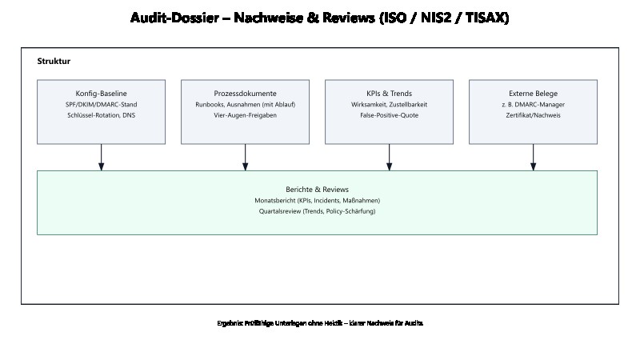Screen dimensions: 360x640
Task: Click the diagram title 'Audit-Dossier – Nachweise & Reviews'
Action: [x=319, y=18]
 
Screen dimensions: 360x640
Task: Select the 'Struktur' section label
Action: [x=54, y=62]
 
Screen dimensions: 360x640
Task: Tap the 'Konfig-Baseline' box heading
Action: [x=101, y=94]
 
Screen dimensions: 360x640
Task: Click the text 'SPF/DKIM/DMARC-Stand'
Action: [x=101, y=105]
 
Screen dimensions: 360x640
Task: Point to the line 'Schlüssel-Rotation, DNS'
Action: [x=101, y=116]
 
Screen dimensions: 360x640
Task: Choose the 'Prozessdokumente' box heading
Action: [x=245, y=94]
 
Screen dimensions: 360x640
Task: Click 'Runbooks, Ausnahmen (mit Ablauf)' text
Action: [x=245, y=105]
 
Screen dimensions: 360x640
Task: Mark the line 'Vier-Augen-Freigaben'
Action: [x=245, y=116]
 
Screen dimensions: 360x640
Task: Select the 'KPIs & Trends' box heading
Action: [x=389, y=94]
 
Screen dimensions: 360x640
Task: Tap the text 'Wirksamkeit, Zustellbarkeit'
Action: [x=389, y=105]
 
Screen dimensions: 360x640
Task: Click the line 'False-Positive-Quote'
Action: [x=389, y=116]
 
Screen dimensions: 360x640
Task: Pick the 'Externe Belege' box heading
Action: [x=533, y=94]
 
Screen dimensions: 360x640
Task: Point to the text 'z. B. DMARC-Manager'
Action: [x=533, y=105]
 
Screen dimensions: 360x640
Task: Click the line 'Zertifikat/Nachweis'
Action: [x=533, y=116]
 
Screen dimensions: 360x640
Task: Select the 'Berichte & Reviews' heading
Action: [x=317, y=189]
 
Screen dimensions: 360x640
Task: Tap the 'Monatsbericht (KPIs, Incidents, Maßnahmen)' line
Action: [x=317, y=200]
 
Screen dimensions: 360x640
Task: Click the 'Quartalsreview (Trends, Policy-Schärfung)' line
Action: [x=317, y=211]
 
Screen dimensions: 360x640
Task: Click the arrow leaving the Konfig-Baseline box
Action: [x=101, y=157]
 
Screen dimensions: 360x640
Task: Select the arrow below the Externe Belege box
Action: [x=533, y=157]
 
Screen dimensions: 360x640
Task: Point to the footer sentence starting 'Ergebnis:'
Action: [x=319, y=323]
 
